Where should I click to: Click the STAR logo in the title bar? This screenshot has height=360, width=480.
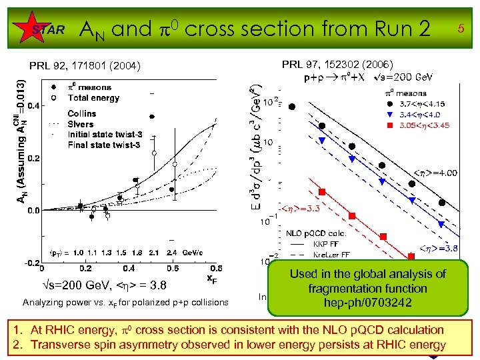click(x=48, y=29)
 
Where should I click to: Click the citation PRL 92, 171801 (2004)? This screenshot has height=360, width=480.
click(x=85, y=66)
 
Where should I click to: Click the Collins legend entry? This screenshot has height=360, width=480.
click(x=82, y=114)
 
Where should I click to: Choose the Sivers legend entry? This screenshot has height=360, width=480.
click(x=81, y=124)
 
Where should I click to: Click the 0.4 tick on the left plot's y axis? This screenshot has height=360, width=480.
click(x=32, y=105)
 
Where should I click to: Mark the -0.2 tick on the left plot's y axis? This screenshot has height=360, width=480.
click(x=31, y=263)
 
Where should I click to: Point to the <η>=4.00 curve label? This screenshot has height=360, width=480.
click(x=436, y=173)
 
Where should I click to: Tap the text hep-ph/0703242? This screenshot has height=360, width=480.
click(x=367, y=303)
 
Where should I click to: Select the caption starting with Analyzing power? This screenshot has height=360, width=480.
click(x=125, y=302)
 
